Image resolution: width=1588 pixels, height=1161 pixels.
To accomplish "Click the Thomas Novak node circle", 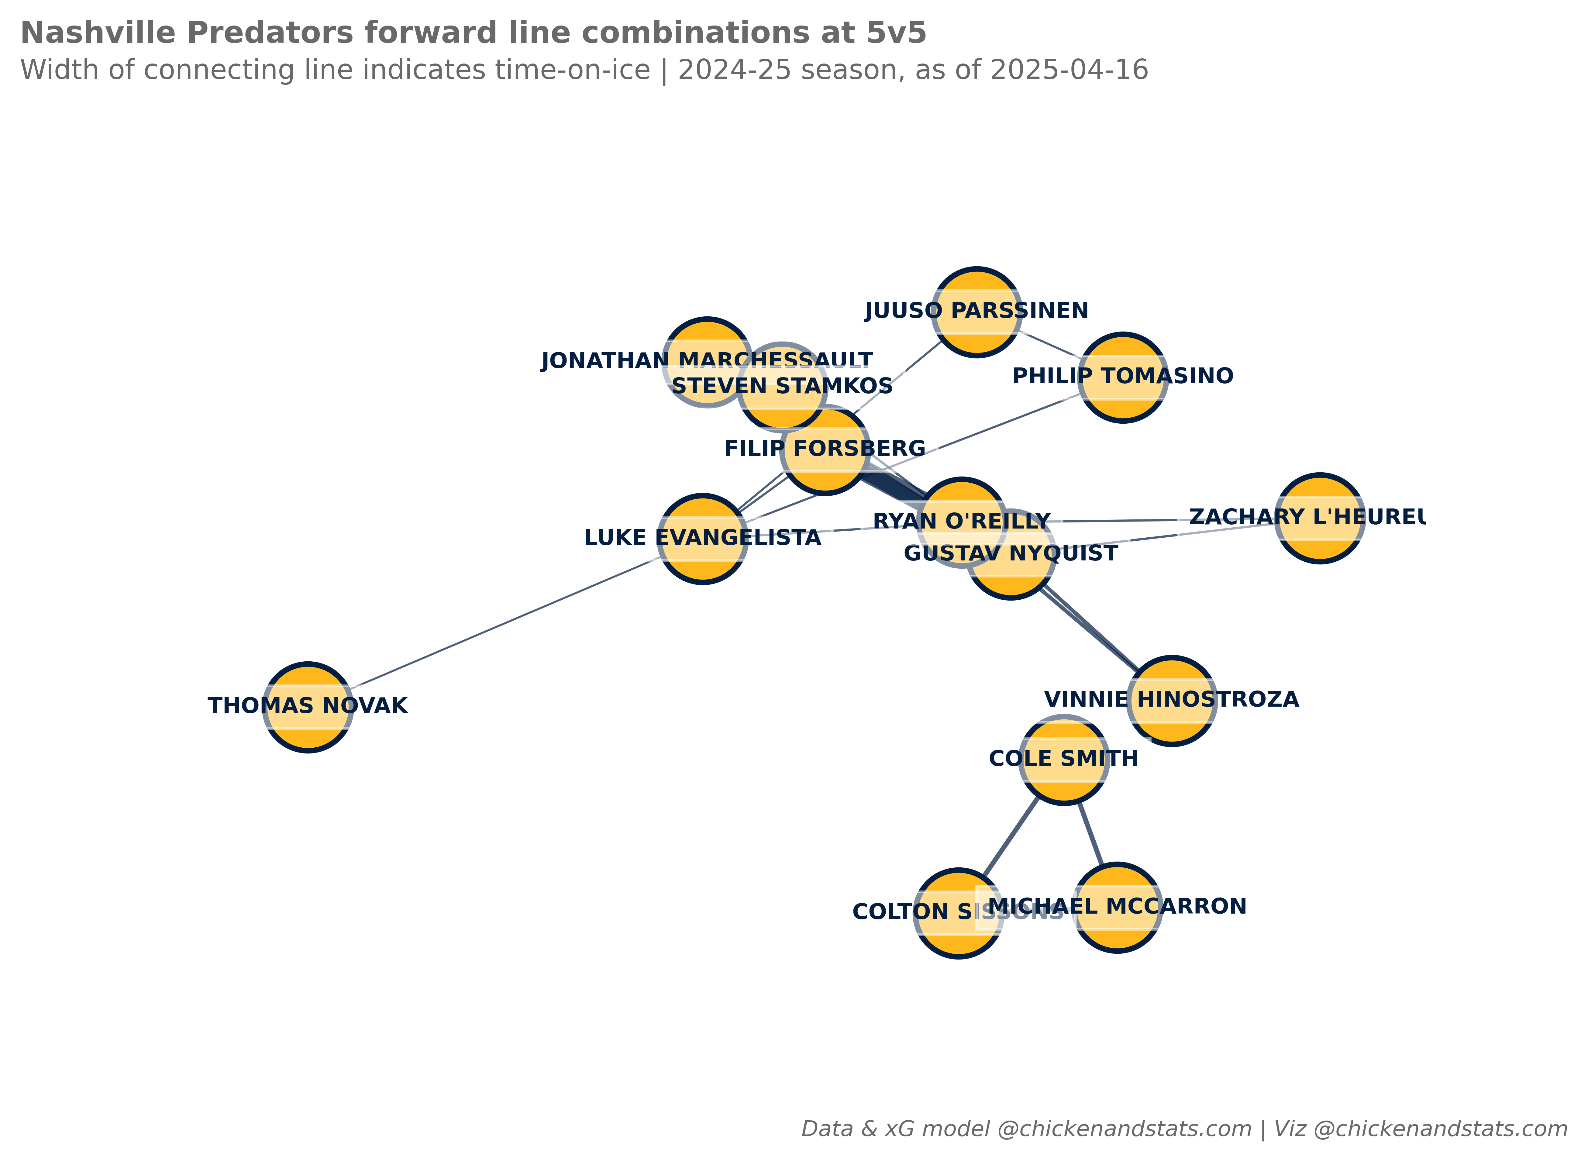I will pos(308,707).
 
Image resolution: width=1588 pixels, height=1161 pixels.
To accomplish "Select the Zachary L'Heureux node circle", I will pos(1320,518).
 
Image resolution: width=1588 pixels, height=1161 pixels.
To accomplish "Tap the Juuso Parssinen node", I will pos(977,311).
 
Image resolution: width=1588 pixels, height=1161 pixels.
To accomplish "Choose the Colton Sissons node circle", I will pos(958,913).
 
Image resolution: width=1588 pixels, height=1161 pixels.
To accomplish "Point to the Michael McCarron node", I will pos(1117,907).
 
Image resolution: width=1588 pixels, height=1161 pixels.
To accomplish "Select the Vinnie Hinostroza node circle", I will pos(1171,701).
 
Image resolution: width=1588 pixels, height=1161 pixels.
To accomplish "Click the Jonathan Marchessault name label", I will pos(706,361).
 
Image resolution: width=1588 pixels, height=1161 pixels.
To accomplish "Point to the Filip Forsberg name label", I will pos(825,448).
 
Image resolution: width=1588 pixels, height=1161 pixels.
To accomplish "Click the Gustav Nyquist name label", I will pos(1011,554).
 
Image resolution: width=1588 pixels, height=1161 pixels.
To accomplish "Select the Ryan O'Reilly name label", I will pos(961,522).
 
